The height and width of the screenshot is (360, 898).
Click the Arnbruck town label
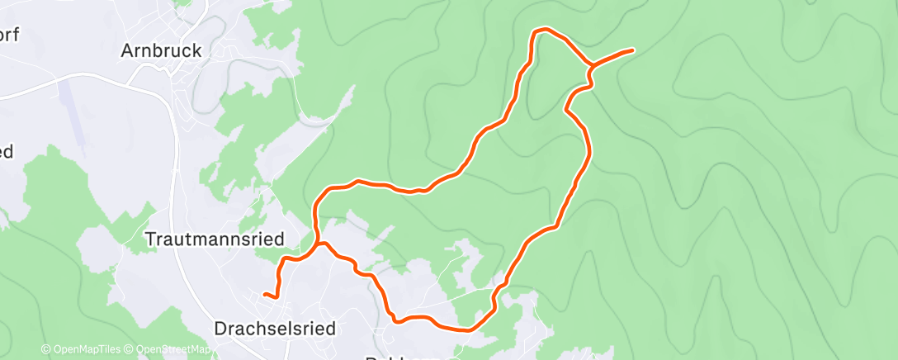161,50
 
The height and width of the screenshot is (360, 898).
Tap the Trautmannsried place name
215,239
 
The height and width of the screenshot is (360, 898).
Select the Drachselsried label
275,329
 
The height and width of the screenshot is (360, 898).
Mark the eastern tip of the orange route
632,50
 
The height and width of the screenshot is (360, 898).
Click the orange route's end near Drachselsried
264,294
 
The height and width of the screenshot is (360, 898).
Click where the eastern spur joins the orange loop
591,65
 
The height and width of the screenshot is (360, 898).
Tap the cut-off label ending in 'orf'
9,35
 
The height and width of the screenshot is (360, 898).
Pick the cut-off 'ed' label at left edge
7,152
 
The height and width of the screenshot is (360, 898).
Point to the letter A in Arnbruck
127,50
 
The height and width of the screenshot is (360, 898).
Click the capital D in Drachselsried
220,329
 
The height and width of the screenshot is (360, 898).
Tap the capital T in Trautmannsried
150,239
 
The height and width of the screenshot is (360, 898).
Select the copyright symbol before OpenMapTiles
45,350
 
